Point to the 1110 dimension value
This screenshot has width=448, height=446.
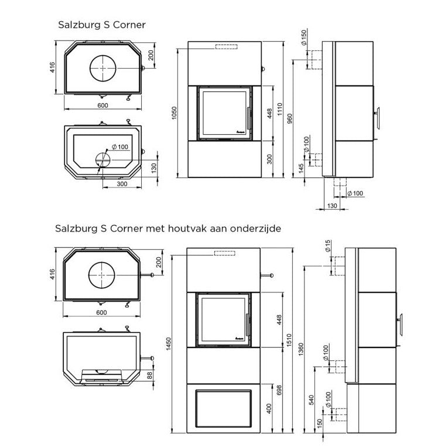[x=281, y=109]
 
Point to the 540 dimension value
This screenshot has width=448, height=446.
[x=311, y=400]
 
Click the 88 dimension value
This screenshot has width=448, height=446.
[x=149, y=375]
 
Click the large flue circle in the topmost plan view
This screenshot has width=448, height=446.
[x=103, y=69]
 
